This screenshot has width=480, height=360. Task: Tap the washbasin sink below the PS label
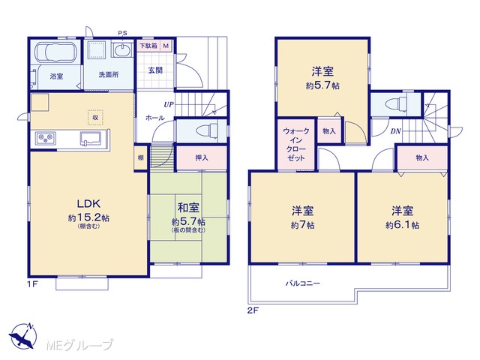click(122, 49)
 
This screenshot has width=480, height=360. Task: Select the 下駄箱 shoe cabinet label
click(148, 46)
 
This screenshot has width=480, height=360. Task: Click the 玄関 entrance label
click(155, 70)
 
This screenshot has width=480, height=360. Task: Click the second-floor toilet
click(396, 104)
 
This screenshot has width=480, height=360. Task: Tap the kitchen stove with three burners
click(46, 138)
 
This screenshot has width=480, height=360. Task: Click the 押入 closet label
click(202, 158)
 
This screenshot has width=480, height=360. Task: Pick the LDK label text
click(88, 203)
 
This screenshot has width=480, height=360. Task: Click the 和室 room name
click(188, 208)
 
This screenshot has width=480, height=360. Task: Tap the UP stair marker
click(169, 105)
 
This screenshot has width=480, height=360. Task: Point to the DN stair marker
click(395, 131)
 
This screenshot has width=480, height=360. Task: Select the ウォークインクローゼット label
click(296, 145)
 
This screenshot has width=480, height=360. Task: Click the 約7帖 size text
click(302, 225)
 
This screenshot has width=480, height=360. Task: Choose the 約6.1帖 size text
click(403, 225)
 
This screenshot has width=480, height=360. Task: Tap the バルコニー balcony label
click(303, 283)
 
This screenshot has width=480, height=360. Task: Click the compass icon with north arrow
click(23, 335)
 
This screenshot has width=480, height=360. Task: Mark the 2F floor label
click(253, 310)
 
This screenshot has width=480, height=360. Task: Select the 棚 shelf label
click(140, 158)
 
